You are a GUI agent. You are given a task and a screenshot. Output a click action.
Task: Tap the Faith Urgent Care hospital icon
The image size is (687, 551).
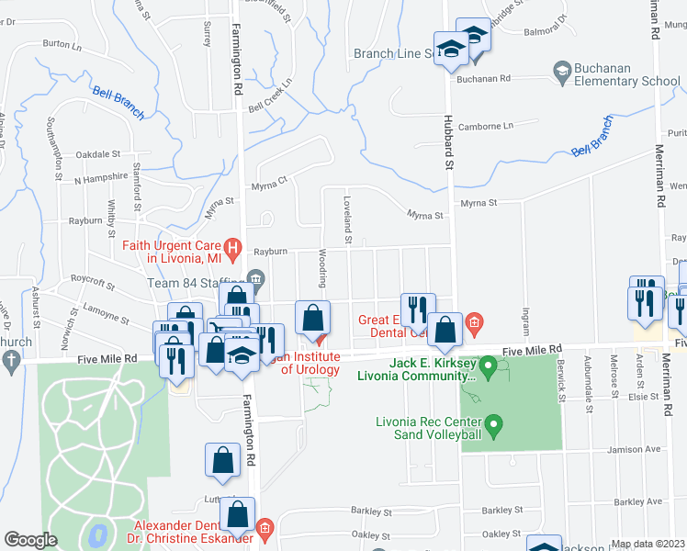point(233,247)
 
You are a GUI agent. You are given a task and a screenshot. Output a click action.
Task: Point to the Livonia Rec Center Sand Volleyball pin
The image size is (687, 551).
point(494,425)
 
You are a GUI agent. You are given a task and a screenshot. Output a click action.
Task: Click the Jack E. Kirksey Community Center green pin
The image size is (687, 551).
point(489,369)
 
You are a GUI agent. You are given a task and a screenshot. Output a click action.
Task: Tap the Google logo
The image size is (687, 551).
point(30,540)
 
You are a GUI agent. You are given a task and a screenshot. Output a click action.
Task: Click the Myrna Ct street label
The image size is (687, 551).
point(270,185)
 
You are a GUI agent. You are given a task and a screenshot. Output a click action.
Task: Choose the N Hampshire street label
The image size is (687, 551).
point(97,178)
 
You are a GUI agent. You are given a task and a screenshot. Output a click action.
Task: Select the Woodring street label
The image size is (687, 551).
point(322,265)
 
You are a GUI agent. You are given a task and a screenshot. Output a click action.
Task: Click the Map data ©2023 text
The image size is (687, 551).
point(648,544)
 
